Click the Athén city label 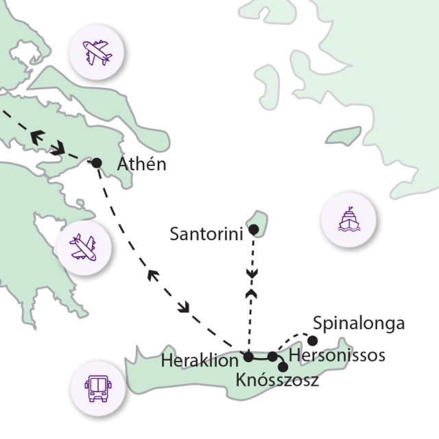[x=141, y=165]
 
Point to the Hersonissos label [x=337, y=356]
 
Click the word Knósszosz [x=277, y=380]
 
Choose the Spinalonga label [x=359, y=323]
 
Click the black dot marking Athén [x=97, y=163]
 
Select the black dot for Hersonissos [x=272, y=356]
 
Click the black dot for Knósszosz [x=283, y=367]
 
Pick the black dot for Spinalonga [x=313, y=340]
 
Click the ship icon [x=349, y=220]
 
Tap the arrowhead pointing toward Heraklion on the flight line [x=183, y=307]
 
